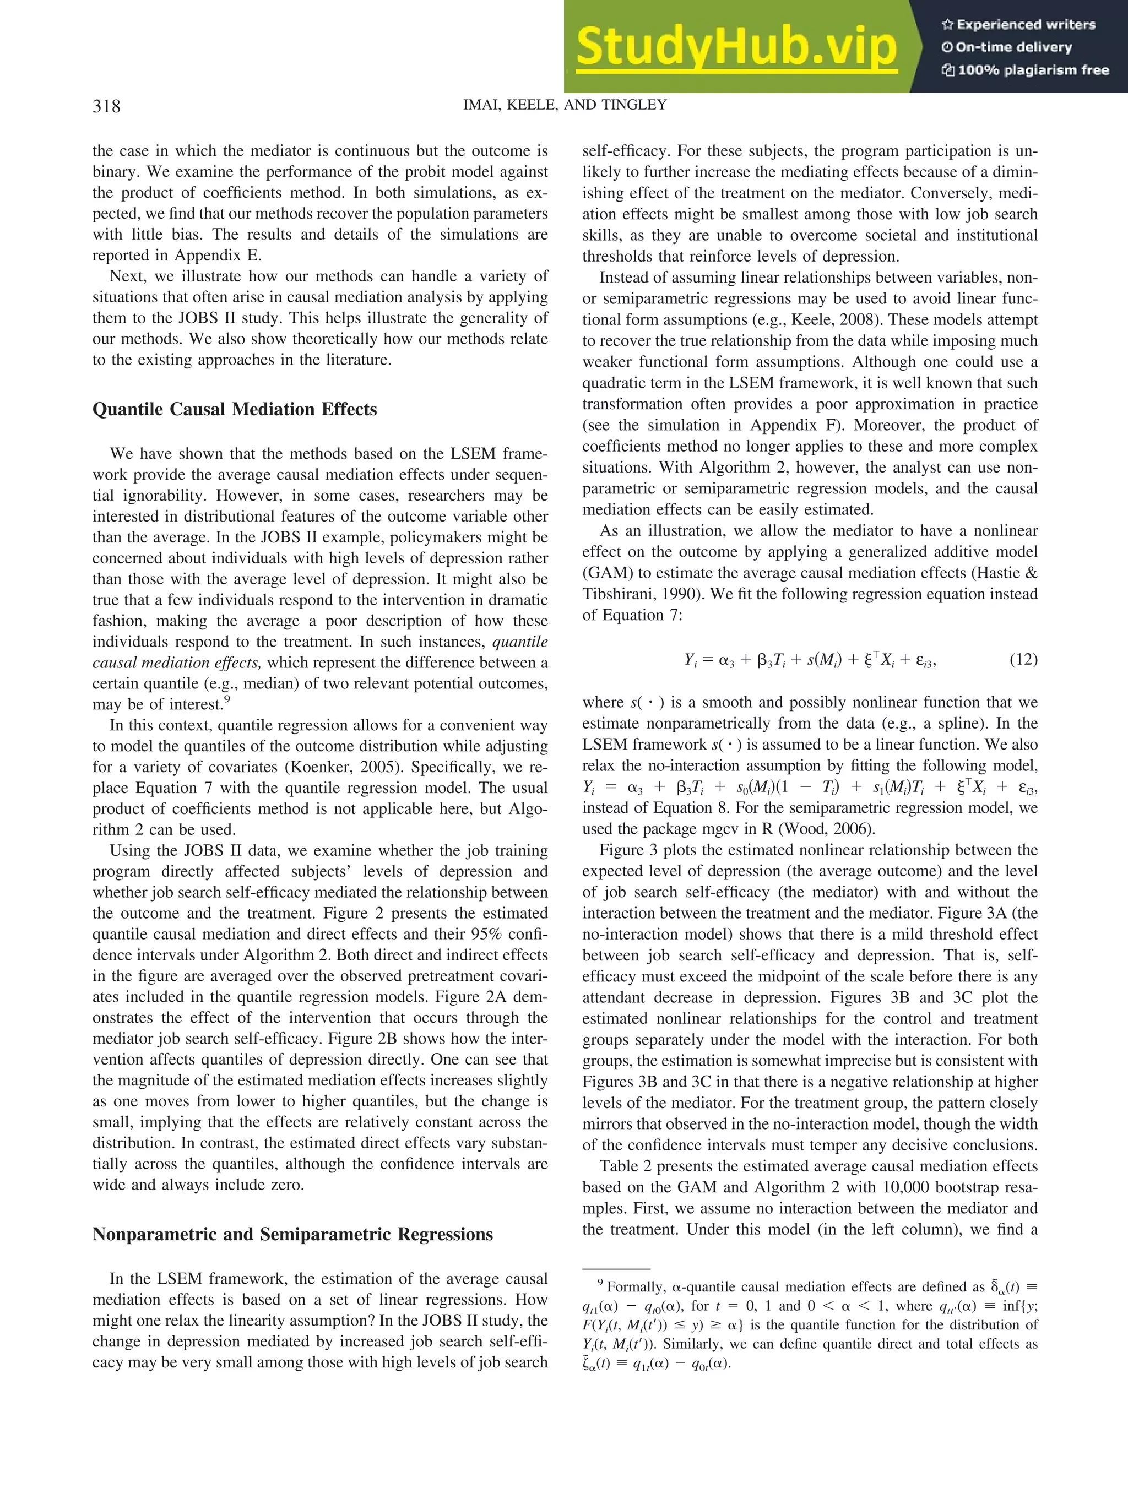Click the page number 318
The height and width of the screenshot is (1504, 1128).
click(106, 106)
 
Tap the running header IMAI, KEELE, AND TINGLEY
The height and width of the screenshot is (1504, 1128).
click(565, 105)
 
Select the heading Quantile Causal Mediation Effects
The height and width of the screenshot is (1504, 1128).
click(235, 409)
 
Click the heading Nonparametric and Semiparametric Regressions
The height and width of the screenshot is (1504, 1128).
click(292, 1234)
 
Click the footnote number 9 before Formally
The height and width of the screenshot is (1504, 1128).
click(600, 1283)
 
